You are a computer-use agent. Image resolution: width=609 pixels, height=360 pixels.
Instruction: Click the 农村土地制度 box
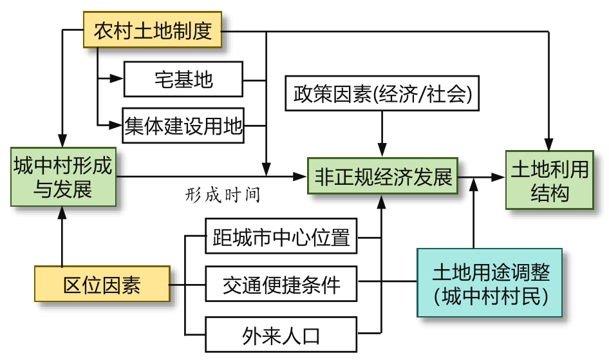[x=153, y=31]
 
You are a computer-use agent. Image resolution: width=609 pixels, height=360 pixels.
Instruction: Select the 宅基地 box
[x=183, y=79]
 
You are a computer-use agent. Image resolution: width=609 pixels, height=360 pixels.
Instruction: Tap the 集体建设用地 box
[x=183, y=124]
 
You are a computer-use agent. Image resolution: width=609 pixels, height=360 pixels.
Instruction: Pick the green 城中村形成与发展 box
[x=62, y=177]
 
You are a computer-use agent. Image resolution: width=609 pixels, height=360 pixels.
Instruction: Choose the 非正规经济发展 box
[x=383, y=176]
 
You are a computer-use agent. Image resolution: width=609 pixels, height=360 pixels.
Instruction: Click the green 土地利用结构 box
[x=549, y=180]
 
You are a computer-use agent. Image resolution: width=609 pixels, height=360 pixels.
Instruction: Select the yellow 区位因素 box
[x=102, y=284]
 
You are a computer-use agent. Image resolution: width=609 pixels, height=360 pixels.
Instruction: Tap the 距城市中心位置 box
[x=281, y=238]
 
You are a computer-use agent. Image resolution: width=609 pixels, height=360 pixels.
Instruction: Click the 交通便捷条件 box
[x=281, y=284]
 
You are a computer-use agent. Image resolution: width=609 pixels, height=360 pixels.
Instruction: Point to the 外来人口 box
[x=281, y=334]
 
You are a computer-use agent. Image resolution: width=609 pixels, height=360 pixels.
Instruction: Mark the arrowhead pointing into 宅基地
[x=117, y=79]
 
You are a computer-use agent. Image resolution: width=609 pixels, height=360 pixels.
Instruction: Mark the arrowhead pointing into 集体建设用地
[x=117, y=124]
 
